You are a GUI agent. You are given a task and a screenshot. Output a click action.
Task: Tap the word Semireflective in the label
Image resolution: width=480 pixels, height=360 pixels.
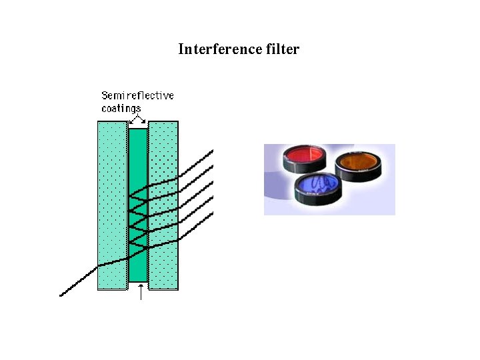pyautogui.click(x=137, y=95)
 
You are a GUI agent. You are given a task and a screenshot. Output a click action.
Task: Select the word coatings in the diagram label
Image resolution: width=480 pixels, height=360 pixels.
pyautogui.click(x=121, y=108)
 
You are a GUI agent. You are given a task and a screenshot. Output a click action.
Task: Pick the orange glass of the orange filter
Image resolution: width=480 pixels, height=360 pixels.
pyautogui.click(x=359, y=161)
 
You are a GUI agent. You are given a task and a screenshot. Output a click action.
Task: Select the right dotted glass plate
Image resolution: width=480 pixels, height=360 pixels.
pyautogui.click(x=163, y=147)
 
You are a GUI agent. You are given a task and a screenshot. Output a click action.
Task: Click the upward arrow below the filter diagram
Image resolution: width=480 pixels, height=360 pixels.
pyautogui.click(x=140, y=294)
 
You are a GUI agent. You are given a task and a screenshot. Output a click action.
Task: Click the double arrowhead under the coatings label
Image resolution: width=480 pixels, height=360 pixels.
pyautogui.click(x=138, y=119)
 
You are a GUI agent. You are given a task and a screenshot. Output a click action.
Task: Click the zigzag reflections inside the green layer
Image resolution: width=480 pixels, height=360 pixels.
pyautogui.click(x=138, y=220)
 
